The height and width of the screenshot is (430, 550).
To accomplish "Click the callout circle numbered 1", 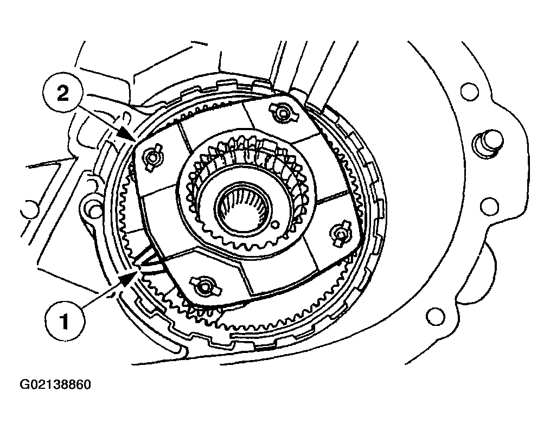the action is [65, 321].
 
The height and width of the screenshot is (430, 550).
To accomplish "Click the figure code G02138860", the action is [55, 384].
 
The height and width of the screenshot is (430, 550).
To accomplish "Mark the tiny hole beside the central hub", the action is [275, 224].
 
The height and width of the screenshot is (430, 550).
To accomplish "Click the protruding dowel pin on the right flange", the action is [487, 143].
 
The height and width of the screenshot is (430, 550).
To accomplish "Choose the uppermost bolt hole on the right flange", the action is [469, 92].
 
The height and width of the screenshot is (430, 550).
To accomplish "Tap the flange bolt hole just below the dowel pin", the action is [488, 206].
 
